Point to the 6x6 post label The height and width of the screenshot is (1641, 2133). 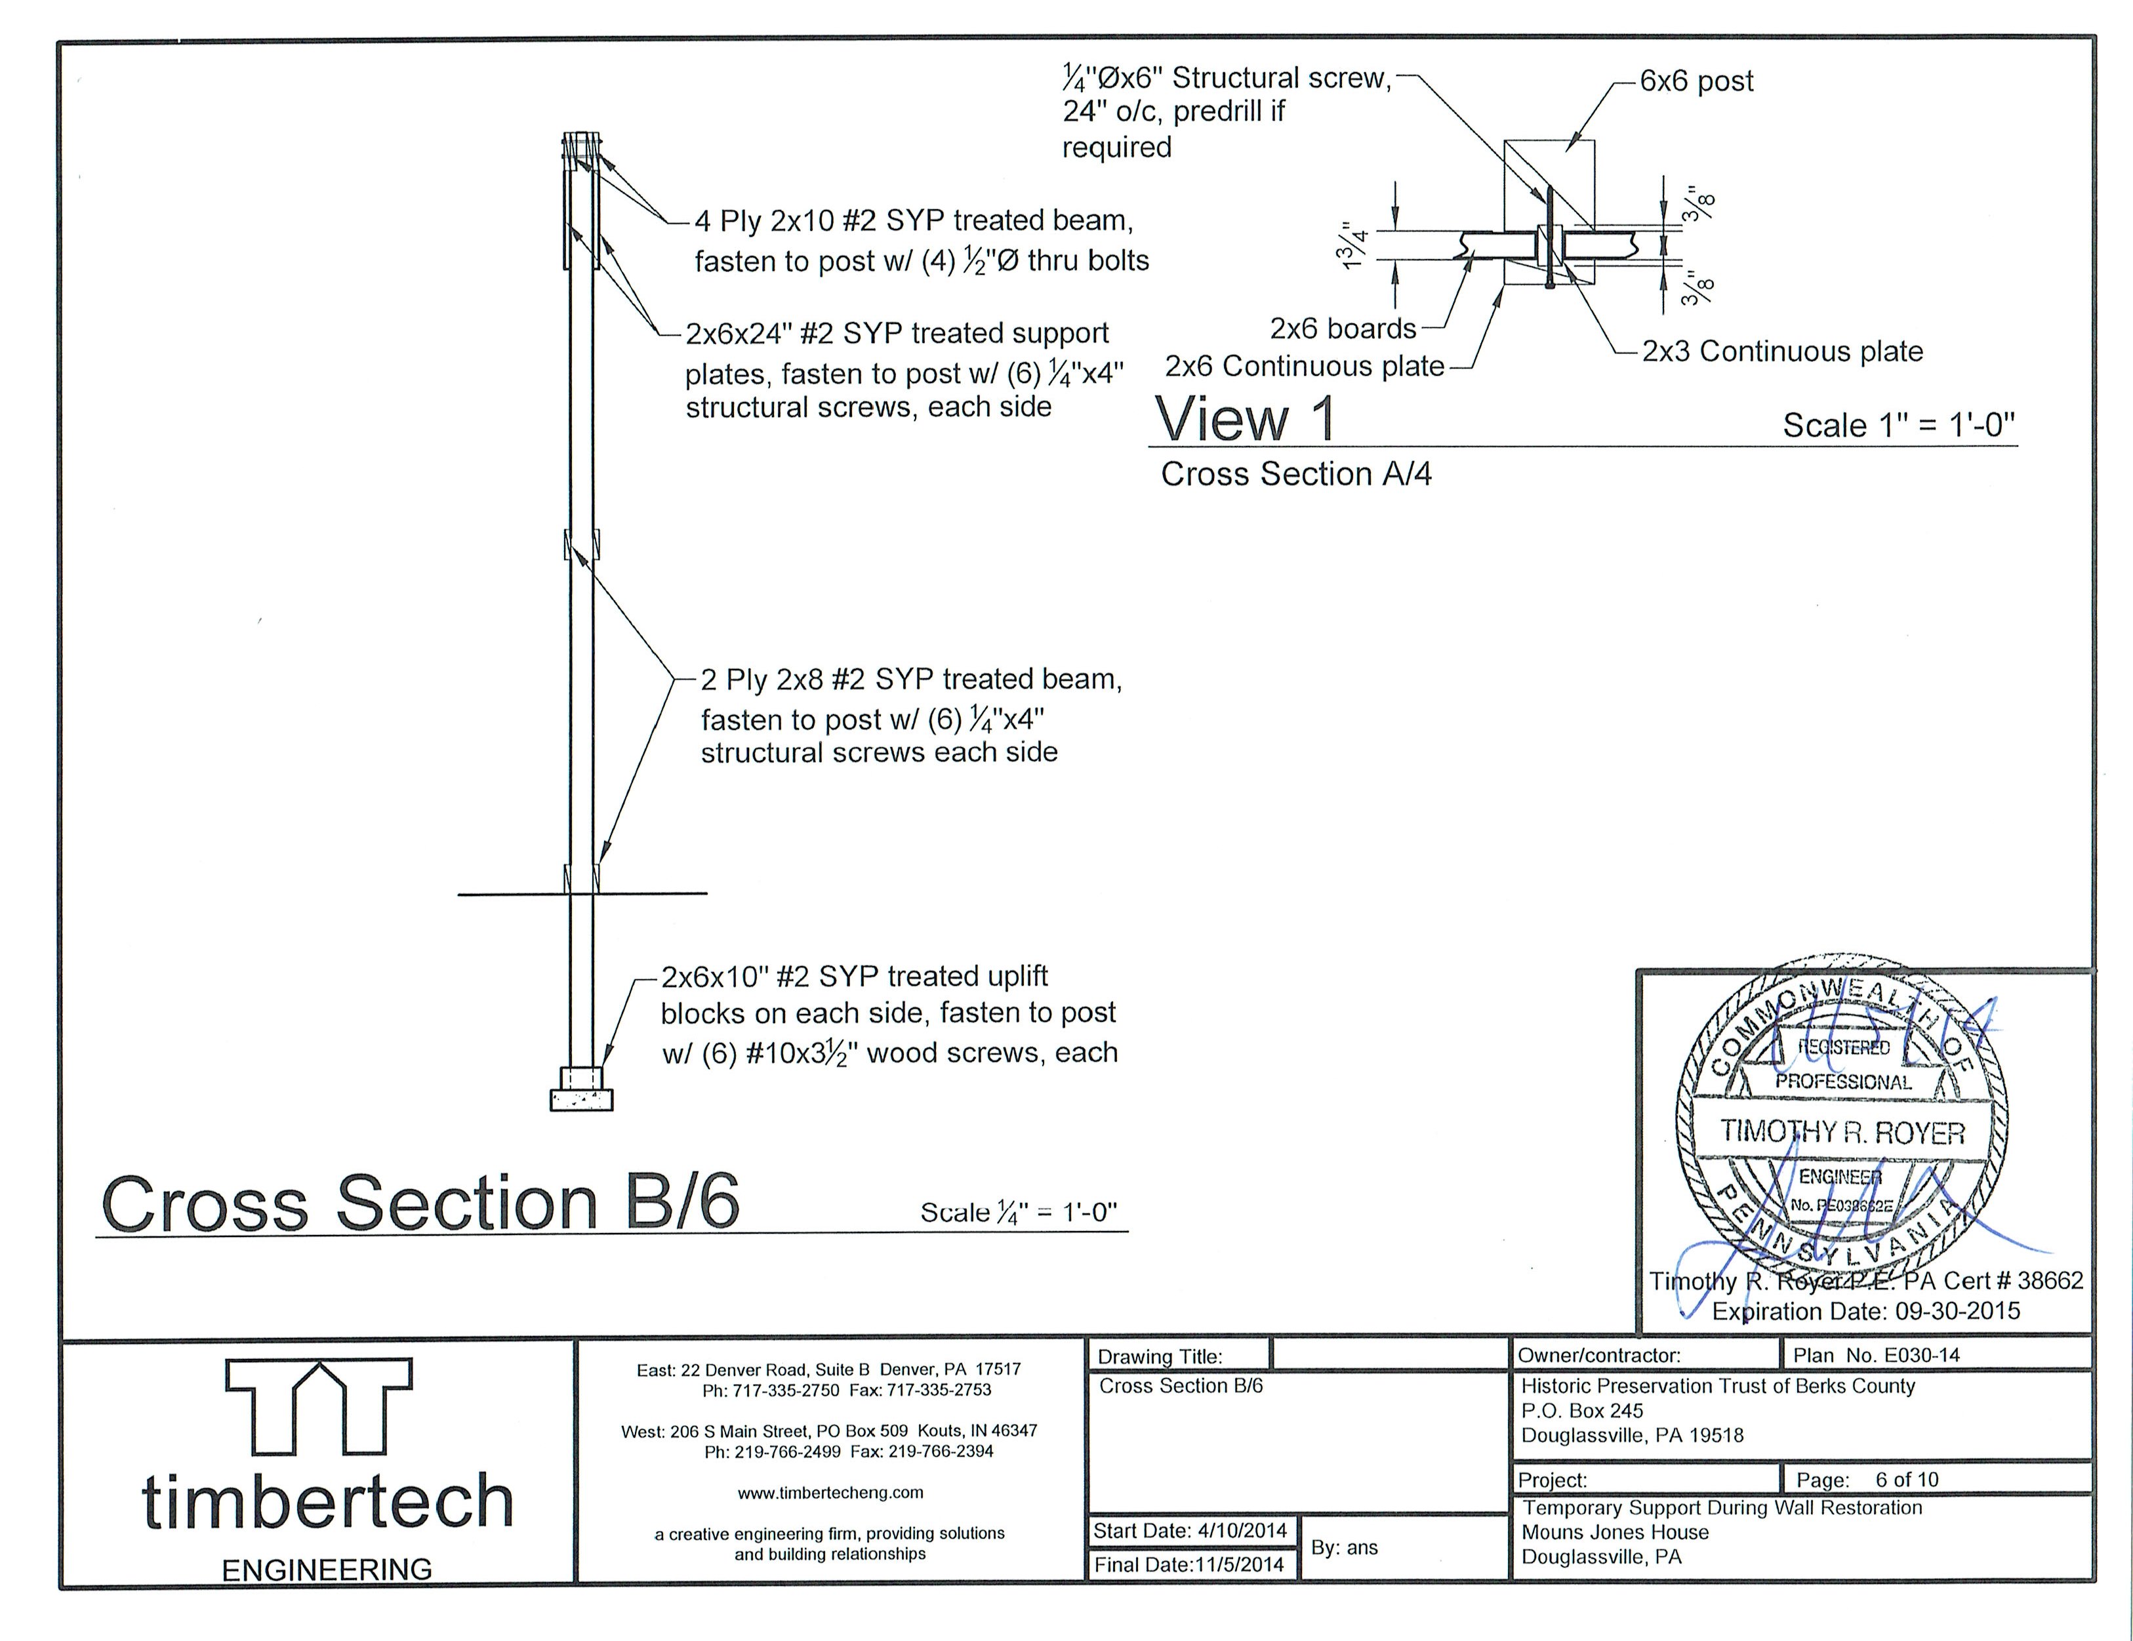[x=1696, y=81]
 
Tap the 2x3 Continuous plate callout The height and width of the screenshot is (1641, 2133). [x=1782, y=352]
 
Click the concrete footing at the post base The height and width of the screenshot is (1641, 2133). [x=581, y=1100]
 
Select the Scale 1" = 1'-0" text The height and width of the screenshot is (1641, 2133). [x=1899, y=425]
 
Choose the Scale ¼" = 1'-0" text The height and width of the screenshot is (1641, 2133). [x=1019, y=1212]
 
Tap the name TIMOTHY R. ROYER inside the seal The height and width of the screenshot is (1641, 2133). [x=1842, y=1132]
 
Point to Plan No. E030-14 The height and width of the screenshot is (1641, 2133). [x=1876, y=1355]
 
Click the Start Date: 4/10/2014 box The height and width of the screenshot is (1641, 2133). [x=1190, y=1531]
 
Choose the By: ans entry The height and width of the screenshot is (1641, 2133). [x=1344, y=1547]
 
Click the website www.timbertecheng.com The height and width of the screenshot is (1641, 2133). [x=830, y=1493]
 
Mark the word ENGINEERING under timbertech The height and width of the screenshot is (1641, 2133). [x=327, y=1570]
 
